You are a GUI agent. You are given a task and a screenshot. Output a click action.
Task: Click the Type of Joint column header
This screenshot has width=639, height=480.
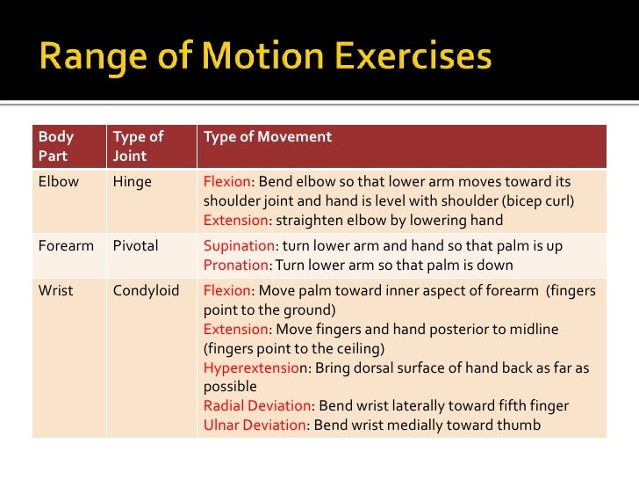click(138, 146)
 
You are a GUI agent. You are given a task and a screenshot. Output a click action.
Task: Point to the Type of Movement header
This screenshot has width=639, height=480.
click(267, 137)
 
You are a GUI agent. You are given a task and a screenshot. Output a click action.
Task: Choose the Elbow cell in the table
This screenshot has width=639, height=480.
click(58, 182)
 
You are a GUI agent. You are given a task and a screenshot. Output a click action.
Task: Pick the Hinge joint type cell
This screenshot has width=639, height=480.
click(132, 182)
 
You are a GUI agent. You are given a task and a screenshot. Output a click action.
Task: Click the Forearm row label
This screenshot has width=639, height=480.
click(66, 245)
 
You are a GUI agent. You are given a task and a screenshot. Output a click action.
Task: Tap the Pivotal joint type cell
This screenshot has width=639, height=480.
click(135, 245)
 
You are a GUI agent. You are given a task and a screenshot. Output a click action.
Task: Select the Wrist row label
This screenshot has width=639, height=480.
click(56, 290)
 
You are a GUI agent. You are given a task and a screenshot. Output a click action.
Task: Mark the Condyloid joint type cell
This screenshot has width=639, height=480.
click(146, 290)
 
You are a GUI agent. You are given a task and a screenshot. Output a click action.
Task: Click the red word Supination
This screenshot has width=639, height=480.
click(239, 245)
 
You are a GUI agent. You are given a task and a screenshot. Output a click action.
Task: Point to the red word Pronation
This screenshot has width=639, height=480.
click(236, 265)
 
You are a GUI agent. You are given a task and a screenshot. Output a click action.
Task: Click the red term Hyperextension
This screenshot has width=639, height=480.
click(252, 367)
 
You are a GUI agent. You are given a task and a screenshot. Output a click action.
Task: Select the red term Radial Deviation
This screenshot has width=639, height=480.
click(257, 406)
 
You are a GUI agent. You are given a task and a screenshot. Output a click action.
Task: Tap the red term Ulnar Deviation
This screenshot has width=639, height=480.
click(255, 425)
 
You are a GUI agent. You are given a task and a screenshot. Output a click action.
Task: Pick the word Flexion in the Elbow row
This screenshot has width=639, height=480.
click(226, 182)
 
